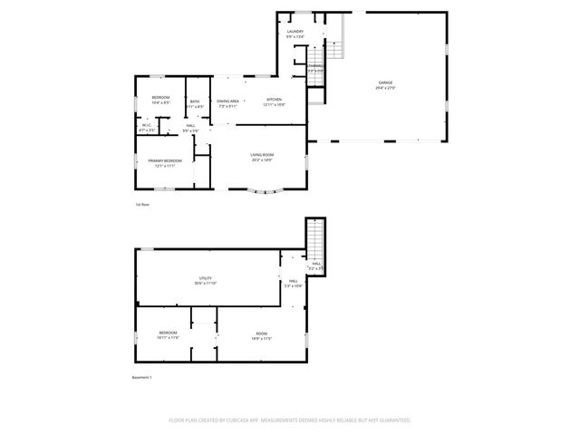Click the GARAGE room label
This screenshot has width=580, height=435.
(385, 82)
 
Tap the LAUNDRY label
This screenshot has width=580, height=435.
(295, 33)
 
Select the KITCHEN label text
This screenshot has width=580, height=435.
(274, 100)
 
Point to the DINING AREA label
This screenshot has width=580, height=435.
(227, 101)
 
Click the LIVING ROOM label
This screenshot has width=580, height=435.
(262, 155)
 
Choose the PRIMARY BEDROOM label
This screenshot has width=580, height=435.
(165, 160)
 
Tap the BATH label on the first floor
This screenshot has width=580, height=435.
(195, 101)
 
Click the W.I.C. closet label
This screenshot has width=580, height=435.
(147, 125)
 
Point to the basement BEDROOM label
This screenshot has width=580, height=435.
(169, 333)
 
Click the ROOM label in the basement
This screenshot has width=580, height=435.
(261, 333)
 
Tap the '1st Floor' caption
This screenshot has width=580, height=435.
(141, 205)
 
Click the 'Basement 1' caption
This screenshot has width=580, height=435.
(141, 377)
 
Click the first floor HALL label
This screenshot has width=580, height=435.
(190, 126)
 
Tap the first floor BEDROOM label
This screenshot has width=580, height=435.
(160, 97)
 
